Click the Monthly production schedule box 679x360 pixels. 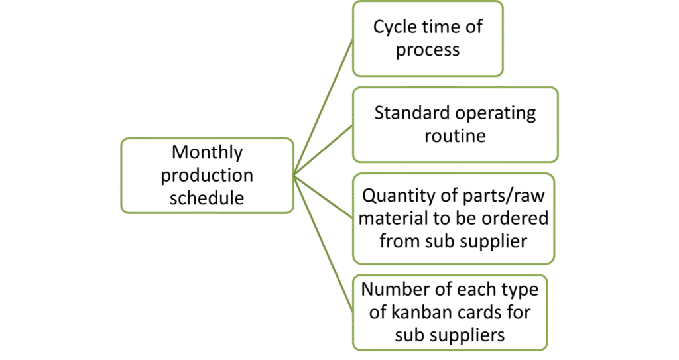pos(207,176)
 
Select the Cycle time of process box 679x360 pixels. pos(428,38)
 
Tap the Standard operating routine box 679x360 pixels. pos(455,125)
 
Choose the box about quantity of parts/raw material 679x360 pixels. pos(454,219)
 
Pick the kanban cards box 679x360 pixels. pos(450,312)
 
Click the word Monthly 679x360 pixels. pos(207,152)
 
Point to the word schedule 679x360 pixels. pos(207,198)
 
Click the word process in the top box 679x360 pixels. pos(428,50)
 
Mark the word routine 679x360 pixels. pos(455,137)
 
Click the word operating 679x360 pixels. pos(495,113)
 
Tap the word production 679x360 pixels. pos(207,176)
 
